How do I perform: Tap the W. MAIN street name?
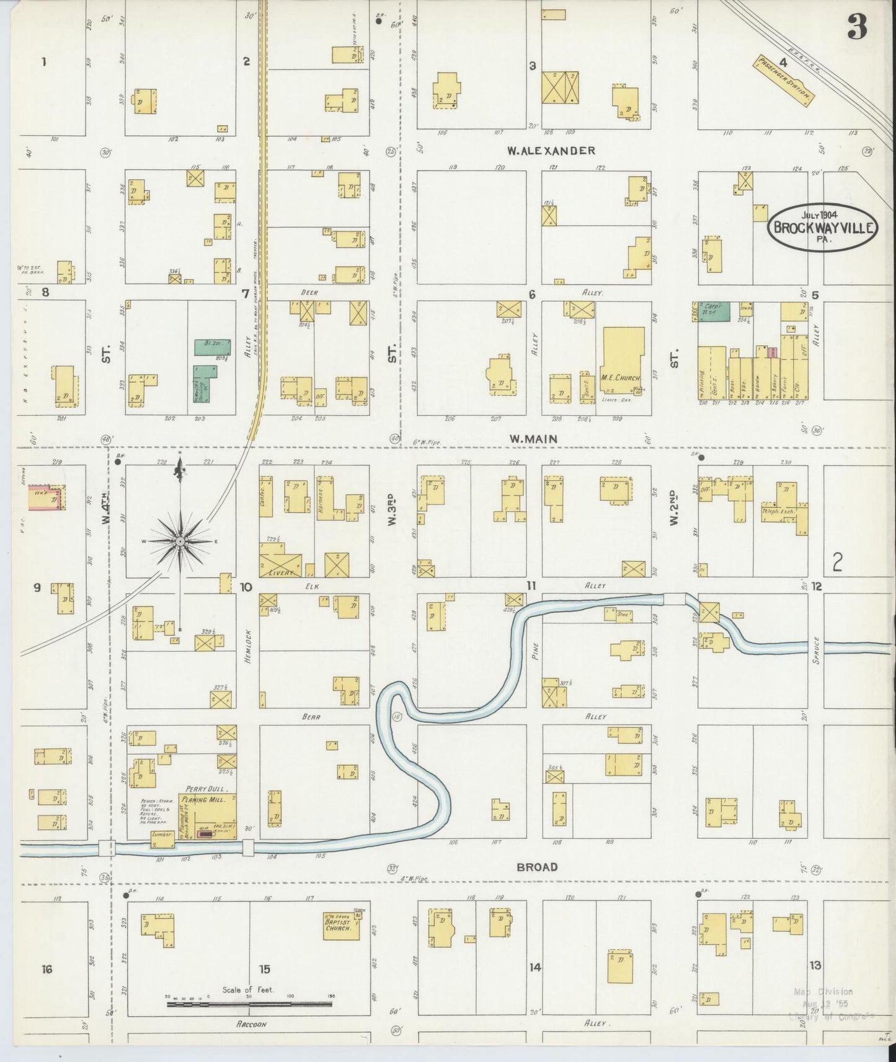(x=533, y=439)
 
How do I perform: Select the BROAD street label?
(x=537, y=867)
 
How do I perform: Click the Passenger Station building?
(x=783, y=81)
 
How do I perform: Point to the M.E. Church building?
(x=622, y=362)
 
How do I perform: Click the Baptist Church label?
(x=339, y=924)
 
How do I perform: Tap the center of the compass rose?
(x=180, y=542)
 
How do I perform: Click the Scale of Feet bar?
(x=249, y=1002)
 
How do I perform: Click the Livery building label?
(x=281, y=573)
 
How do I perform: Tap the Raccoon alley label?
(x=251, y=1025)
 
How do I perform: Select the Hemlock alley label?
(x=246, y=646)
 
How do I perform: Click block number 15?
(x=265, y=969)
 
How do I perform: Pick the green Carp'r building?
(x=714, y=311)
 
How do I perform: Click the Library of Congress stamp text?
(x=831, y=1016)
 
